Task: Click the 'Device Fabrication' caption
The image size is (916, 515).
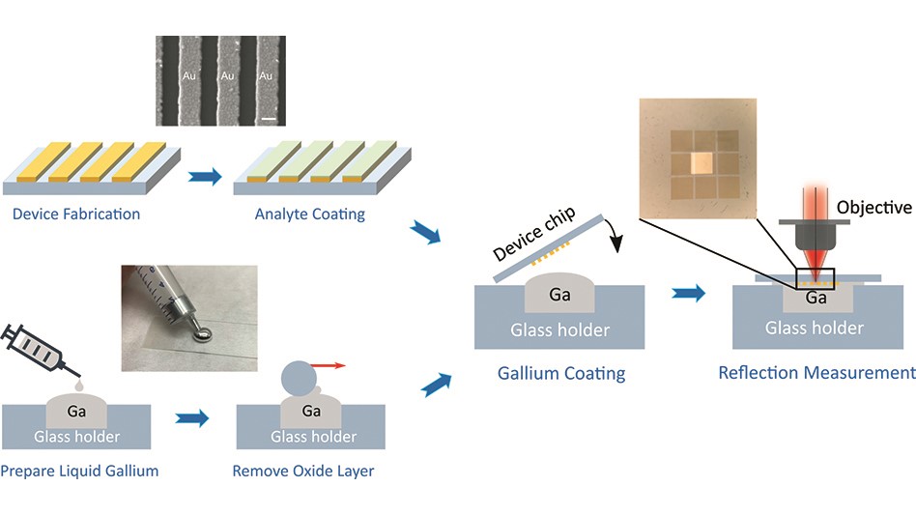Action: (x=76, y=214)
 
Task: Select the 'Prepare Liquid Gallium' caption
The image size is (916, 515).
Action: (x=79, y=472)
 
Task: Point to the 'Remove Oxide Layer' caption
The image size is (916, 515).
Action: (x=302, y=472)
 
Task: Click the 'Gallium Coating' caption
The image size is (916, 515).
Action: (x=561, y=373)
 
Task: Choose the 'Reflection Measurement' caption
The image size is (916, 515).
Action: (x=816, y=372)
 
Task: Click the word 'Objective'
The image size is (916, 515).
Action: (x=873, y=208)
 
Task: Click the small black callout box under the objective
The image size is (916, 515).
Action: (x=814, y=278)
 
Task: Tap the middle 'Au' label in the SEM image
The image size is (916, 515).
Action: (x=228, y=74)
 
